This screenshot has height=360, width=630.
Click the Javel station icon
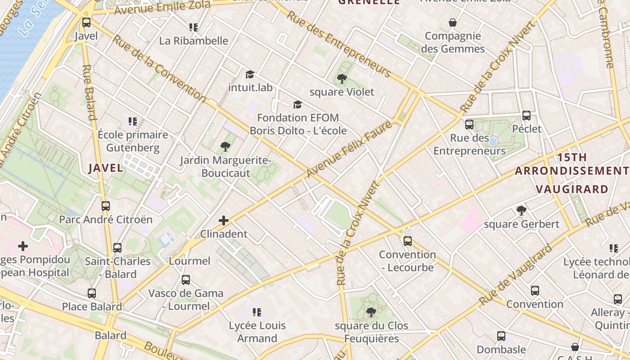tap(86, 22)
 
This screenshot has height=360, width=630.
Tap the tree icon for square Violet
tap(342, 79)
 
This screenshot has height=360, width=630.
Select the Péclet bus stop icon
tap(526, 116)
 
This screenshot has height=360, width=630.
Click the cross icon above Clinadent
tap(224, 220)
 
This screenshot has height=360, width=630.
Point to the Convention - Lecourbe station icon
tap(407, 241)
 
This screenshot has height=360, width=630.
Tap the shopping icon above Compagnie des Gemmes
tap(453, 22)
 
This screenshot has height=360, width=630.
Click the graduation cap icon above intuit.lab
tap(250, 74)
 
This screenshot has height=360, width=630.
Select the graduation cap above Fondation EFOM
tap(297, 105)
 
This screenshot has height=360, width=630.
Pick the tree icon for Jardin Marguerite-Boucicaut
tap(225, 147)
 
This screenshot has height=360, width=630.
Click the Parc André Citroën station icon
tap(106, 206)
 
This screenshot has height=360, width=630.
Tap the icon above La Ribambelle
tap(193, 27)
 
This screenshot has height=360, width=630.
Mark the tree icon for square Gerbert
tap(522, 210)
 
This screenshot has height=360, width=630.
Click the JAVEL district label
tap(106, 168)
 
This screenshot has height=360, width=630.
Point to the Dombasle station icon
tap(501, 336)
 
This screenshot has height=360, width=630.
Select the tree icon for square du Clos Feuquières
tap(371, 312)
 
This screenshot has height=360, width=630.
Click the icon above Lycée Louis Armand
tap(257, 312)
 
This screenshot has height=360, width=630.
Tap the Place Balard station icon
tap(92, 293)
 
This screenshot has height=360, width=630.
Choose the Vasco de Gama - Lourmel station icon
tap(186, 280)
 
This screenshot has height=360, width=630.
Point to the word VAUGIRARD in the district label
tap(572, 189)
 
